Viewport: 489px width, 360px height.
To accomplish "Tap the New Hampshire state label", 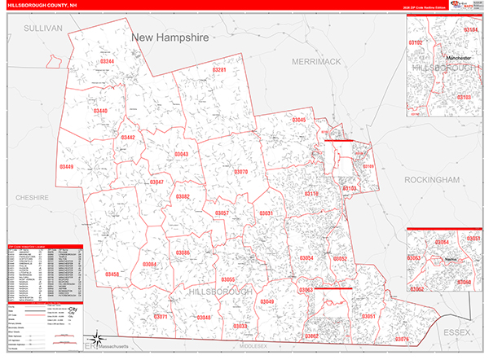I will click(170, 38).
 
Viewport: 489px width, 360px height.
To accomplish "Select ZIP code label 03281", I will click(219, 71).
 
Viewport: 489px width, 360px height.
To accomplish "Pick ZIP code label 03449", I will click(66, 167).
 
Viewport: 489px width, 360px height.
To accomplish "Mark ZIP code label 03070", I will click(240, 172).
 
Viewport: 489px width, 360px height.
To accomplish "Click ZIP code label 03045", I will click(299, 121).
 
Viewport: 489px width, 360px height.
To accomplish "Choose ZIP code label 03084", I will click(149, 265).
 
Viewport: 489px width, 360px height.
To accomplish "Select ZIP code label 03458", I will click(112, 274).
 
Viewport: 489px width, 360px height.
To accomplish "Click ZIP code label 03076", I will click(402, 338).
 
